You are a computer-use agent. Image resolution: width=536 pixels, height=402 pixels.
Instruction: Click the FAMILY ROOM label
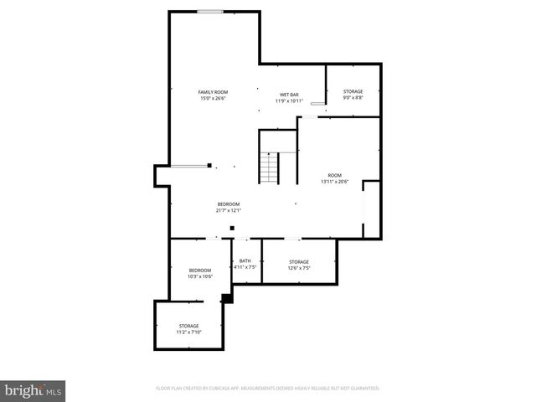(213, 91)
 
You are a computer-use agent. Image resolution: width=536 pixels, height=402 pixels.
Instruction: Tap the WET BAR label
(289, 95)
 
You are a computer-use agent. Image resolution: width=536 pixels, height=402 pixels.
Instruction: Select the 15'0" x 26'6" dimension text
(213, 99)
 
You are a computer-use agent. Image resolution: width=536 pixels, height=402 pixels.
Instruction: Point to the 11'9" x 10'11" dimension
(289, 101)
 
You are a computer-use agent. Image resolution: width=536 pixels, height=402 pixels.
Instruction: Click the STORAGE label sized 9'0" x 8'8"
(353, 90)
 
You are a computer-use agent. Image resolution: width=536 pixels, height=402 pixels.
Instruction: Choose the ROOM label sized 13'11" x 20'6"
(334, 175)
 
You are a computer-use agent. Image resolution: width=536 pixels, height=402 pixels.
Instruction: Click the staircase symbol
(269, 169)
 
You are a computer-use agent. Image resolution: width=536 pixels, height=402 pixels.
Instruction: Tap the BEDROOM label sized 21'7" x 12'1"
(229, 204)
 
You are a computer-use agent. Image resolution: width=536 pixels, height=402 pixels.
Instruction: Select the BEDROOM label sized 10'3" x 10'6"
(199, 270)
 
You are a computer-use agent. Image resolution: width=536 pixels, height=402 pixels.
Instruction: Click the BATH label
(245, 261)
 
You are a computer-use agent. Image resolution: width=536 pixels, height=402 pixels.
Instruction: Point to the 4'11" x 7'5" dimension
(245, 268)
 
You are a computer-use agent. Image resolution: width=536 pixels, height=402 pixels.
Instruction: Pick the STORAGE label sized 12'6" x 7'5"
(299, 262)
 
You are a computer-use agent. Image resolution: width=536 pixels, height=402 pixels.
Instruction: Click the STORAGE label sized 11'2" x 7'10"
(188, 326)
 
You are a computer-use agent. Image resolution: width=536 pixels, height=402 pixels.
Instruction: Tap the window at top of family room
(210, 12)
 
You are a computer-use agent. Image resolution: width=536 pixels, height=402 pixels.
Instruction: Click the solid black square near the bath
(226, 297)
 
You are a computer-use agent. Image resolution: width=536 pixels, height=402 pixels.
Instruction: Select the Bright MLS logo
(33, 390)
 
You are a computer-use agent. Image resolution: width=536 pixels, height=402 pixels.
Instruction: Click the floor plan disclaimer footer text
(268, 389)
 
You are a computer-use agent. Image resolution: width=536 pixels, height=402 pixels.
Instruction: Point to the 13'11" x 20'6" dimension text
(334, 182)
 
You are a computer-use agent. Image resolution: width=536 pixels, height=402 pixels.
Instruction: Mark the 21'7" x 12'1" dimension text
(229, 211)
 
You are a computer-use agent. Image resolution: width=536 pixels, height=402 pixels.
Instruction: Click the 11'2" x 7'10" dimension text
(188, 332)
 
